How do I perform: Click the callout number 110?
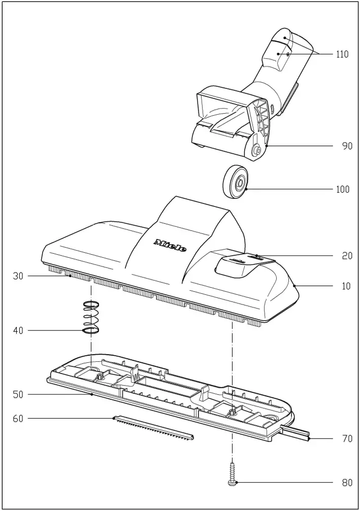(342, 54)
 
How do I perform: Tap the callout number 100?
(343, 189)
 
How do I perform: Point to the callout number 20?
(347, 256)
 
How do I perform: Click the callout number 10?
(346, 286)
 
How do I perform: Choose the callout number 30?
(19, 276)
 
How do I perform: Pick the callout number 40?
(19, 331)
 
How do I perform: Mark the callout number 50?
(19, 394)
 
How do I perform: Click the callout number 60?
(19, 419)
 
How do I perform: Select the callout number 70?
(347, 438)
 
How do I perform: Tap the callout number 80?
(347, 483)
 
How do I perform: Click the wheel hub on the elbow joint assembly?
(257, 150)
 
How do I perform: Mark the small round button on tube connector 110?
(288, 52)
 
